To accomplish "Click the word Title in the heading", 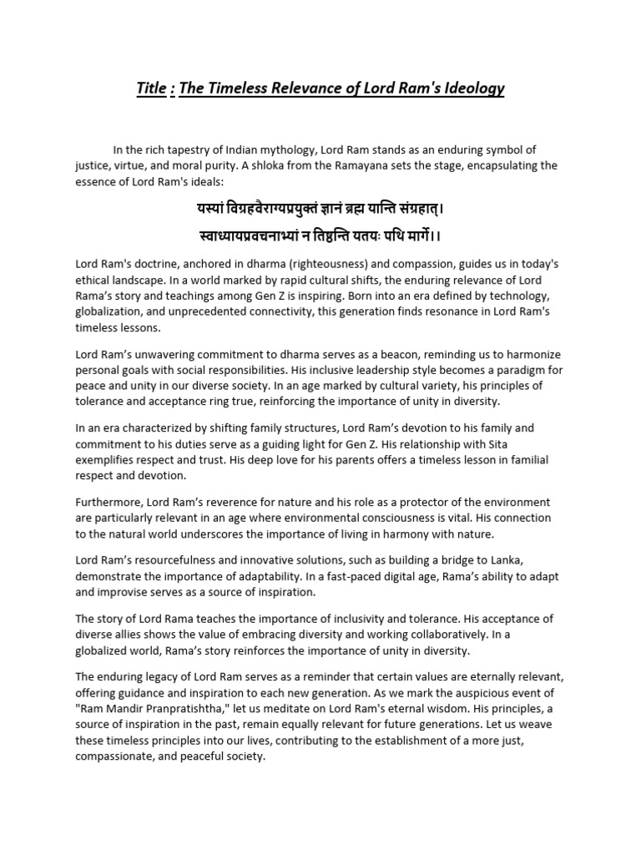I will tap(152, 88).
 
